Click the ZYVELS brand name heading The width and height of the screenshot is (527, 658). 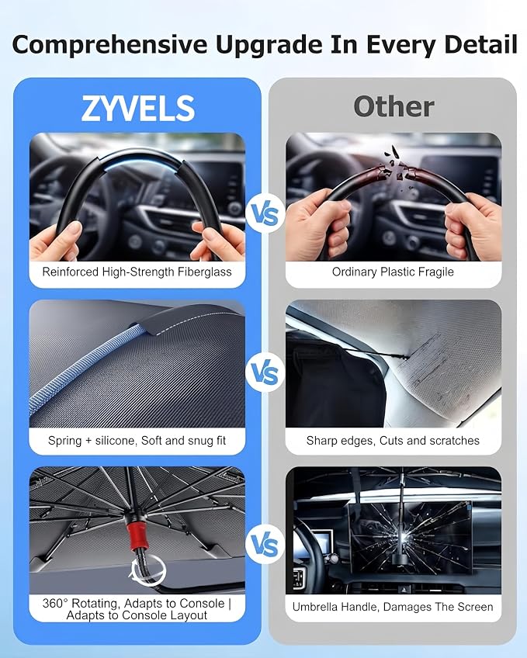tap(138, 109)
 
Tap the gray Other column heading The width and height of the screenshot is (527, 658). tap(394, 106)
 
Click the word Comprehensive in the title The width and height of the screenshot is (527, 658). tap(109, 45)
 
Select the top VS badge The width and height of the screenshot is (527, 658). tap(265, 214)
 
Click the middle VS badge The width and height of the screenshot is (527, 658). tap(265, 372)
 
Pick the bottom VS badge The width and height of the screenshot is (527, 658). tap(265, 545)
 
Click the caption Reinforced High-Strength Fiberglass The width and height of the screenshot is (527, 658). tap(137, 272)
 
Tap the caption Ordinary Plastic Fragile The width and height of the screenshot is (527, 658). tap(393, 272)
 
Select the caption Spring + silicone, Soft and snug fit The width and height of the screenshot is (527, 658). tap(137, 441)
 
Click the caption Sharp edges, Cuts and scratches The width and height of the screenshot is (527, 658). tap(393, 441)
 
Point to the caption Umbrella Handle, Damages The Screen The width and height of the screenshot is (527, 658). tap(393, 607)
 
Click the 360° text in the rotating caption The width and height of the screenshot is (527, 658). tap(55, 604)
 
